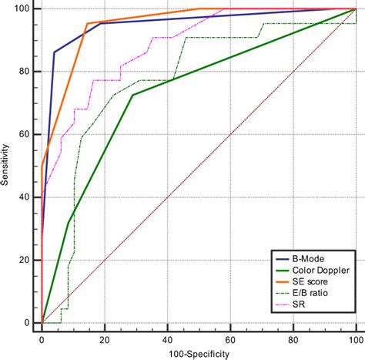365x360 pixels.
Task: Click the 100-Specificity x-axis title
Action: tap(198, 352)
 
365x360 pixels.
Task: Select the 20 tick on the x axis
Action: tap(104, 338)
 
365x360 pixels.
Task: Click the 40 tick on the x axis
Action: tap(167, 338)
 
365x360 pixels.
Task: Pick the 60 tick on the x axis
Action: tap(229, 338)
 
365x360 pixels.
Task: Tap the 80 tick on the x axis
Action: tap(293, 338)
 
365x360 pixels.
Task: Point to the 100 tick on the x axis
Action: tap(354, 338)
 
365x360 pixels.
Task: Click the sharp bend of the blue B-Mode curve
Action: tap(54, 52)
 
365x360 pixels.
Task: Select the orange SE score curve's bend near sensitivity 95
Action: tap(87, 23)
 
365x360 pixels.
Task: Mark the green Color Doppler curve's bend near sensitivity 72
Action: tap(132, 95)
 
